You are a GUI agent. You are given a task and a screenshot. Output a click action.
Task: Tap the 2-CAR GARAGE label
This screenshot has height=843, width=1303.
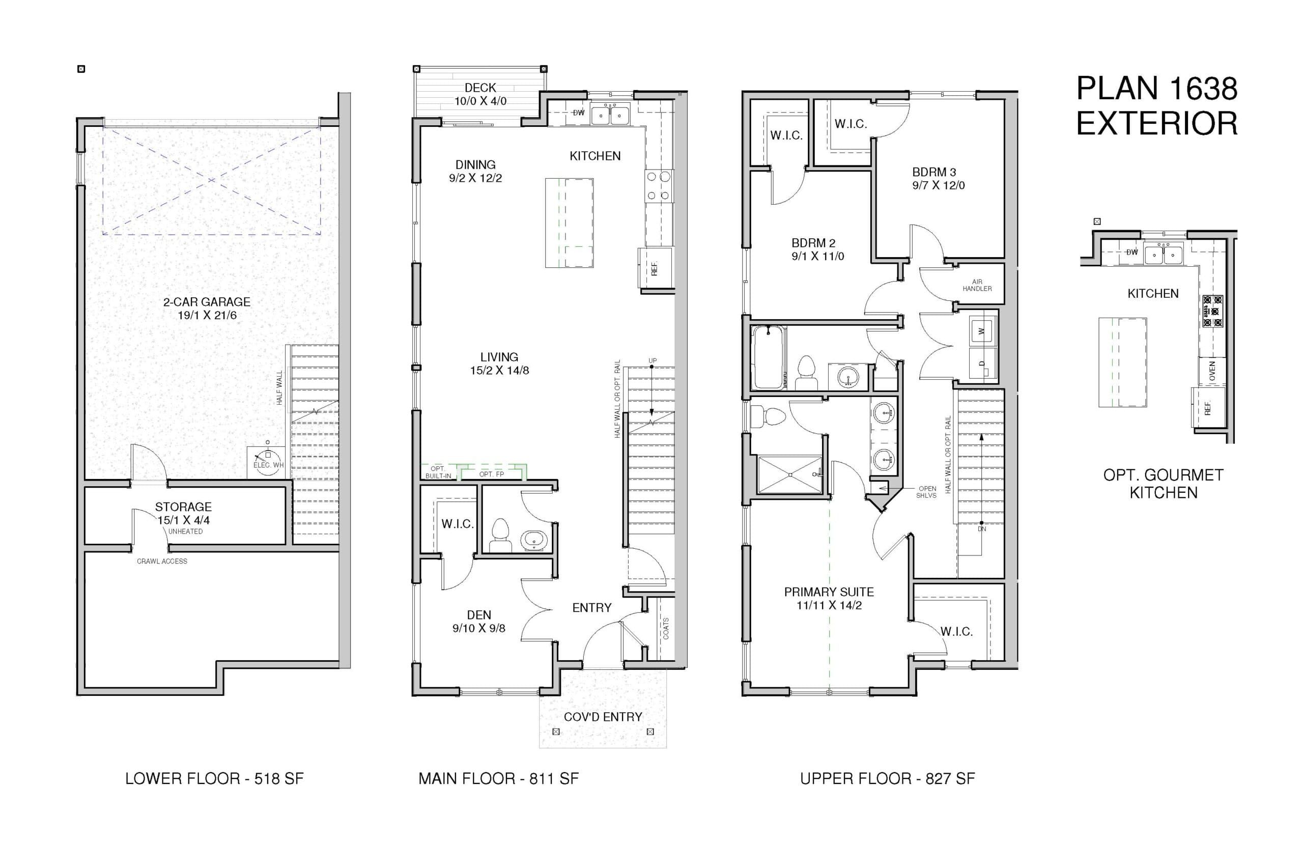[207, 302]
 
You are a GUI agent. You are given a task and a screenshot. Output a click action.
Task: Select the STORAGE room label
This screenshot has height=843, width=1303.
[183, 507]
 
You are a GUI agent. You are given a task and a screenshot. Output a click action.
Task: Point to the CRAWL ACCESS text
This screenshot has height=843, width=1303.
[162, 561]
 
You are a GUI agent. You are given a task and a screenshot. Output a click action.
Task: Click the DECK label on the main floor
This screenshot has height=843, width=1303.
[480, 88]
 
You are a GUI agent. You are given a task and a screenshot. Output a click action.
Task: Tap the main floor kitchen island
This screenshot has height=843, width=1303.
[569, 223]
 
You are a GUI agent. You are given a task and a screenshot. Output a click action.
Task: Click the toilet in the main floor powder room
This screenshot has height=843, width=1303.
[500, 535]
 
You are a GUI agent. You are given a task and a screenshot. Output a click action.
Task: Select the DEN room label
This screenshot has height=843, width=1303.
[479, 615]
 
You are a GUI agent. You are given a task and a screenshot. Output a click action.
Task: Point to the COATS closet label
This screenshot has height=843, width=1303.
[666, 628]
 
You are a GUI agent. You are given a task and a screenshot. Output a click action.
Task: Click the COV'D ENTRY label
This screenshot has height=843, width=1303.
[603, 717]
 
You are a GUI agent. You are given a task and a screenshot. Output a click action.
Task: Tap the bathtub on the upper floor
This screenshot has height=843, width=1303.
[769, 357]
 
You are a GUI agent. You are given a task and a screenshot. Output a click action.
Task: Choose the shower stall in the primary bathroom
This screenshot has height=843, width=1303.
[789, 474]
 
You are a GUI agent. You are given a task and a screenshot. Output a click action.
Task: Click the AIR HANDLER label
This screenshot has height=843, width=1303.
[977, 285]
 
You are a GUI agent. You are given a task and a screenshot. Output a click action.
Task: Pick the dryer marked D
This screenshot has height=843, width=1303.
[982, 363]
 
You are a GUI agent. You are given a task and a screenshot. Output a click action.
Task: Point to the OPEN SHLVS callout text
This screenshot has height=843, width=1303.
[927, 492]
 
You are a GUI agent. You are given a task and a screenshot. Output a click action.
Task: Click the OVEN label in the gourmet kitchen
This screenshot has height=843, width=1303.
[1212, 371]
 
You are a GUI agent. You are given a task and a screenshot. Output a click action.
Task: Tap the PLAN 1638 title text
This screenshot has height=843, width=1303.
[1157, 88]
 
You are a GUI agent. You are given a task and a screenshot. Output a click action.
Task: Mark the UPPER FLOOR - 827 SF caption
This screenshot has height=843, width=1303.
[888, 778]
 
